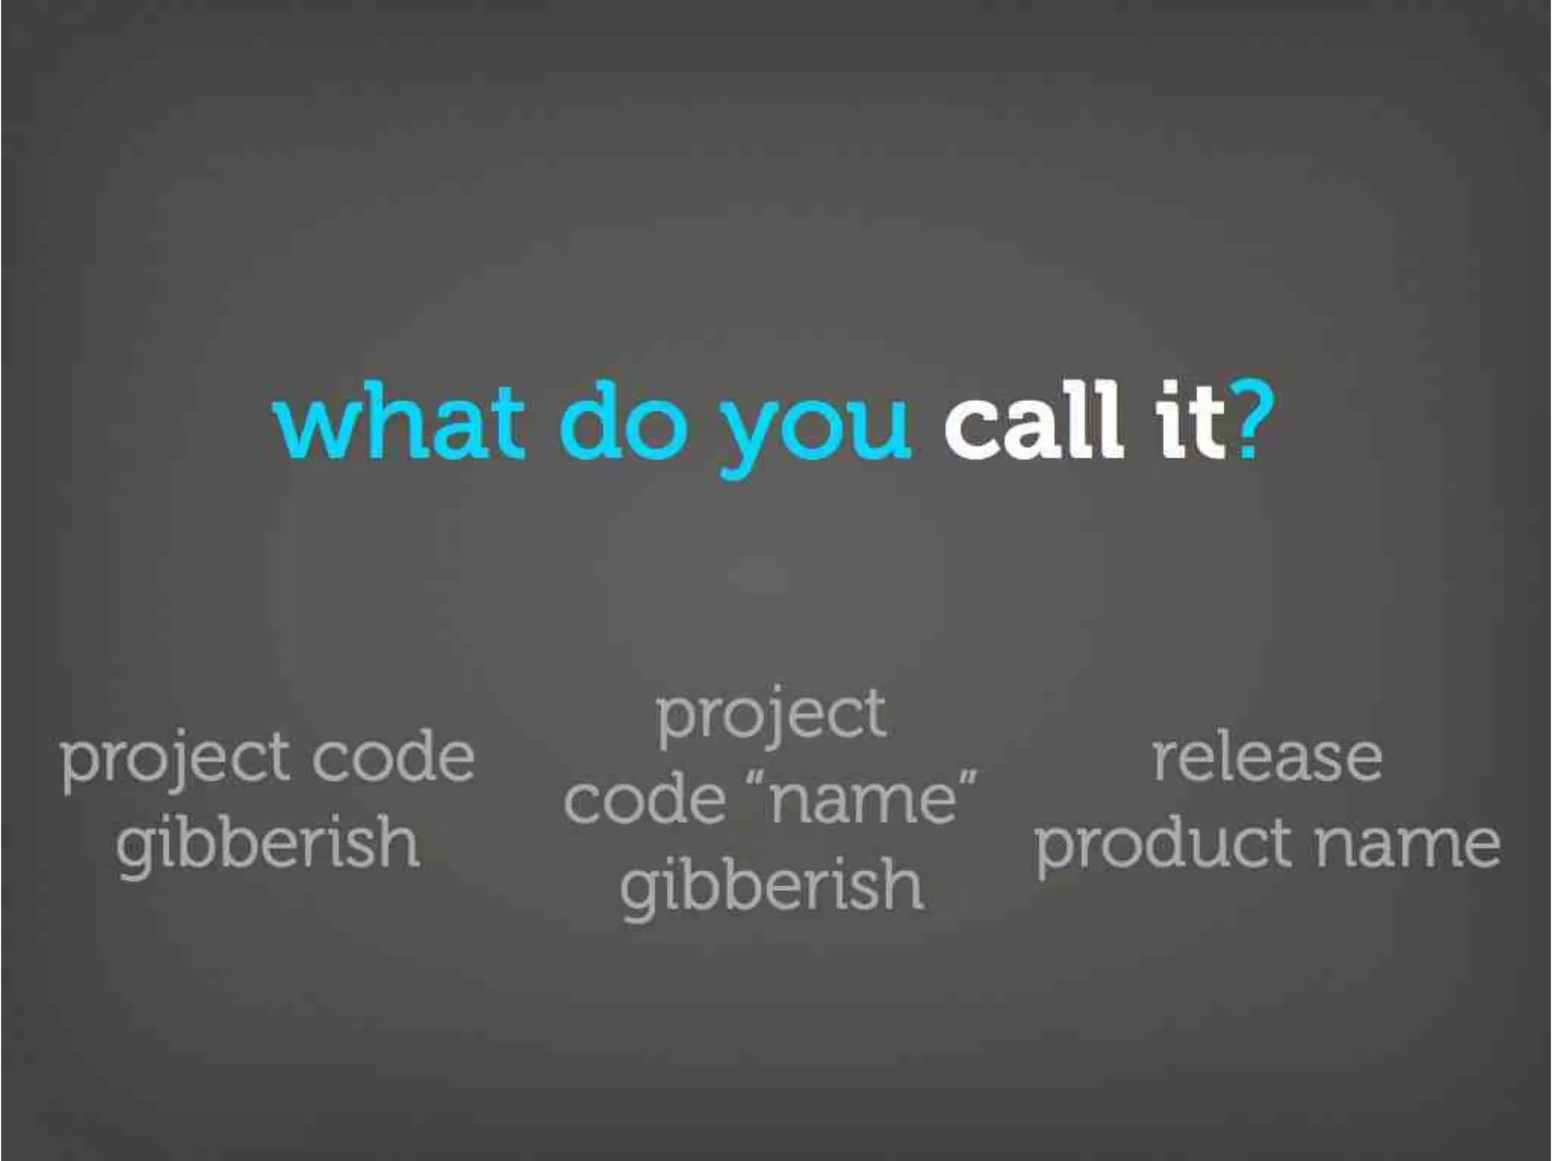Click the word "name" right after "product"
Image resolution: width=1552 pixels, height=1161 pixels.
click(1406, 844)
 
